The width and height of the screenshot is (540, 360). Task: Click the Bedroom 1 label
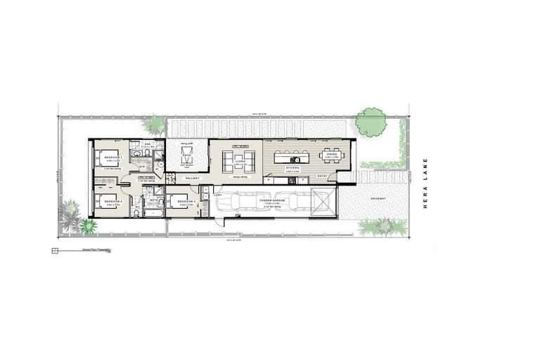click(x=113, y=158)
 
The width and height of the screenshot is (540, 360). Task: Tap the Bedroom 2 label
click(x=113, y=202)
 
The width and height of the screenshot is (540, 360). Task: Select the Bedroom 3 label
click(x=186, y=202)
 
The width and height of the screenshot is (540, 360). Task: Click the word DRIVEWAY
click(x=377, y=198)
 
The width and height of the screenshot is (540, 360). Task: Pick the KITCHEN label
click(x=292, y=168)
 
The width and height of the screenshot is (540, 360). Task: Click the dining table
click(x=330, y=155)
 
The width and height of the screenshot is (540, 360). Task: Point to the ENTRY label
click(x=323, y=176)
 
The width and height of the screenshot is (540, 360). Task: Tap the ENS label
click(x=148, y=144)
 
